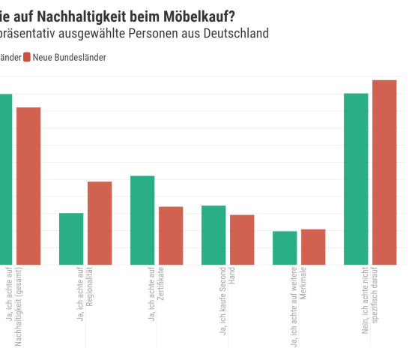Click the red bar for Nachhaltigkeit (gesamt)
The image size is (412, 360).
tap(28, 186)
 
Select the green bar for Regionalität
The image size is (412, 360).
tap(71, 238)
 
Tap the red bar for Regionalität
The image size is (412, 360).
tap(100, 223)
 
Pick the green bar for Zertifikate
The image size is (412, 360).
tap(142, 220)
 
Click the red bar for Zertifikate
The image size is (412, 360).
tap(171, 235)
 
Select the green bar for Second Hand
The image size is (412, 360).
tap(213, 235)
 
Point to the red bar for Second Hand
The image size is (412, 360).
tap(242, 239)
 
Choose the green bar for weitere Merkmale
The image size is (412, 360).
tap(285, 247)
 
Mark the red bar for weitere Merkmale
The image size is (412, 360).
tap(313, 247)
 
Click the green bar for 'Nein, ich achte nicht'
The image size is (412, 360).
tap(356, 178)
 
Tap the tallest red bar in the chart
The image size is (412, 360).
tap(384, 172)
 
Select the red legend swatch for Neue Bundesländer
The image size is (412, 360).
tap(27, 57)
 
